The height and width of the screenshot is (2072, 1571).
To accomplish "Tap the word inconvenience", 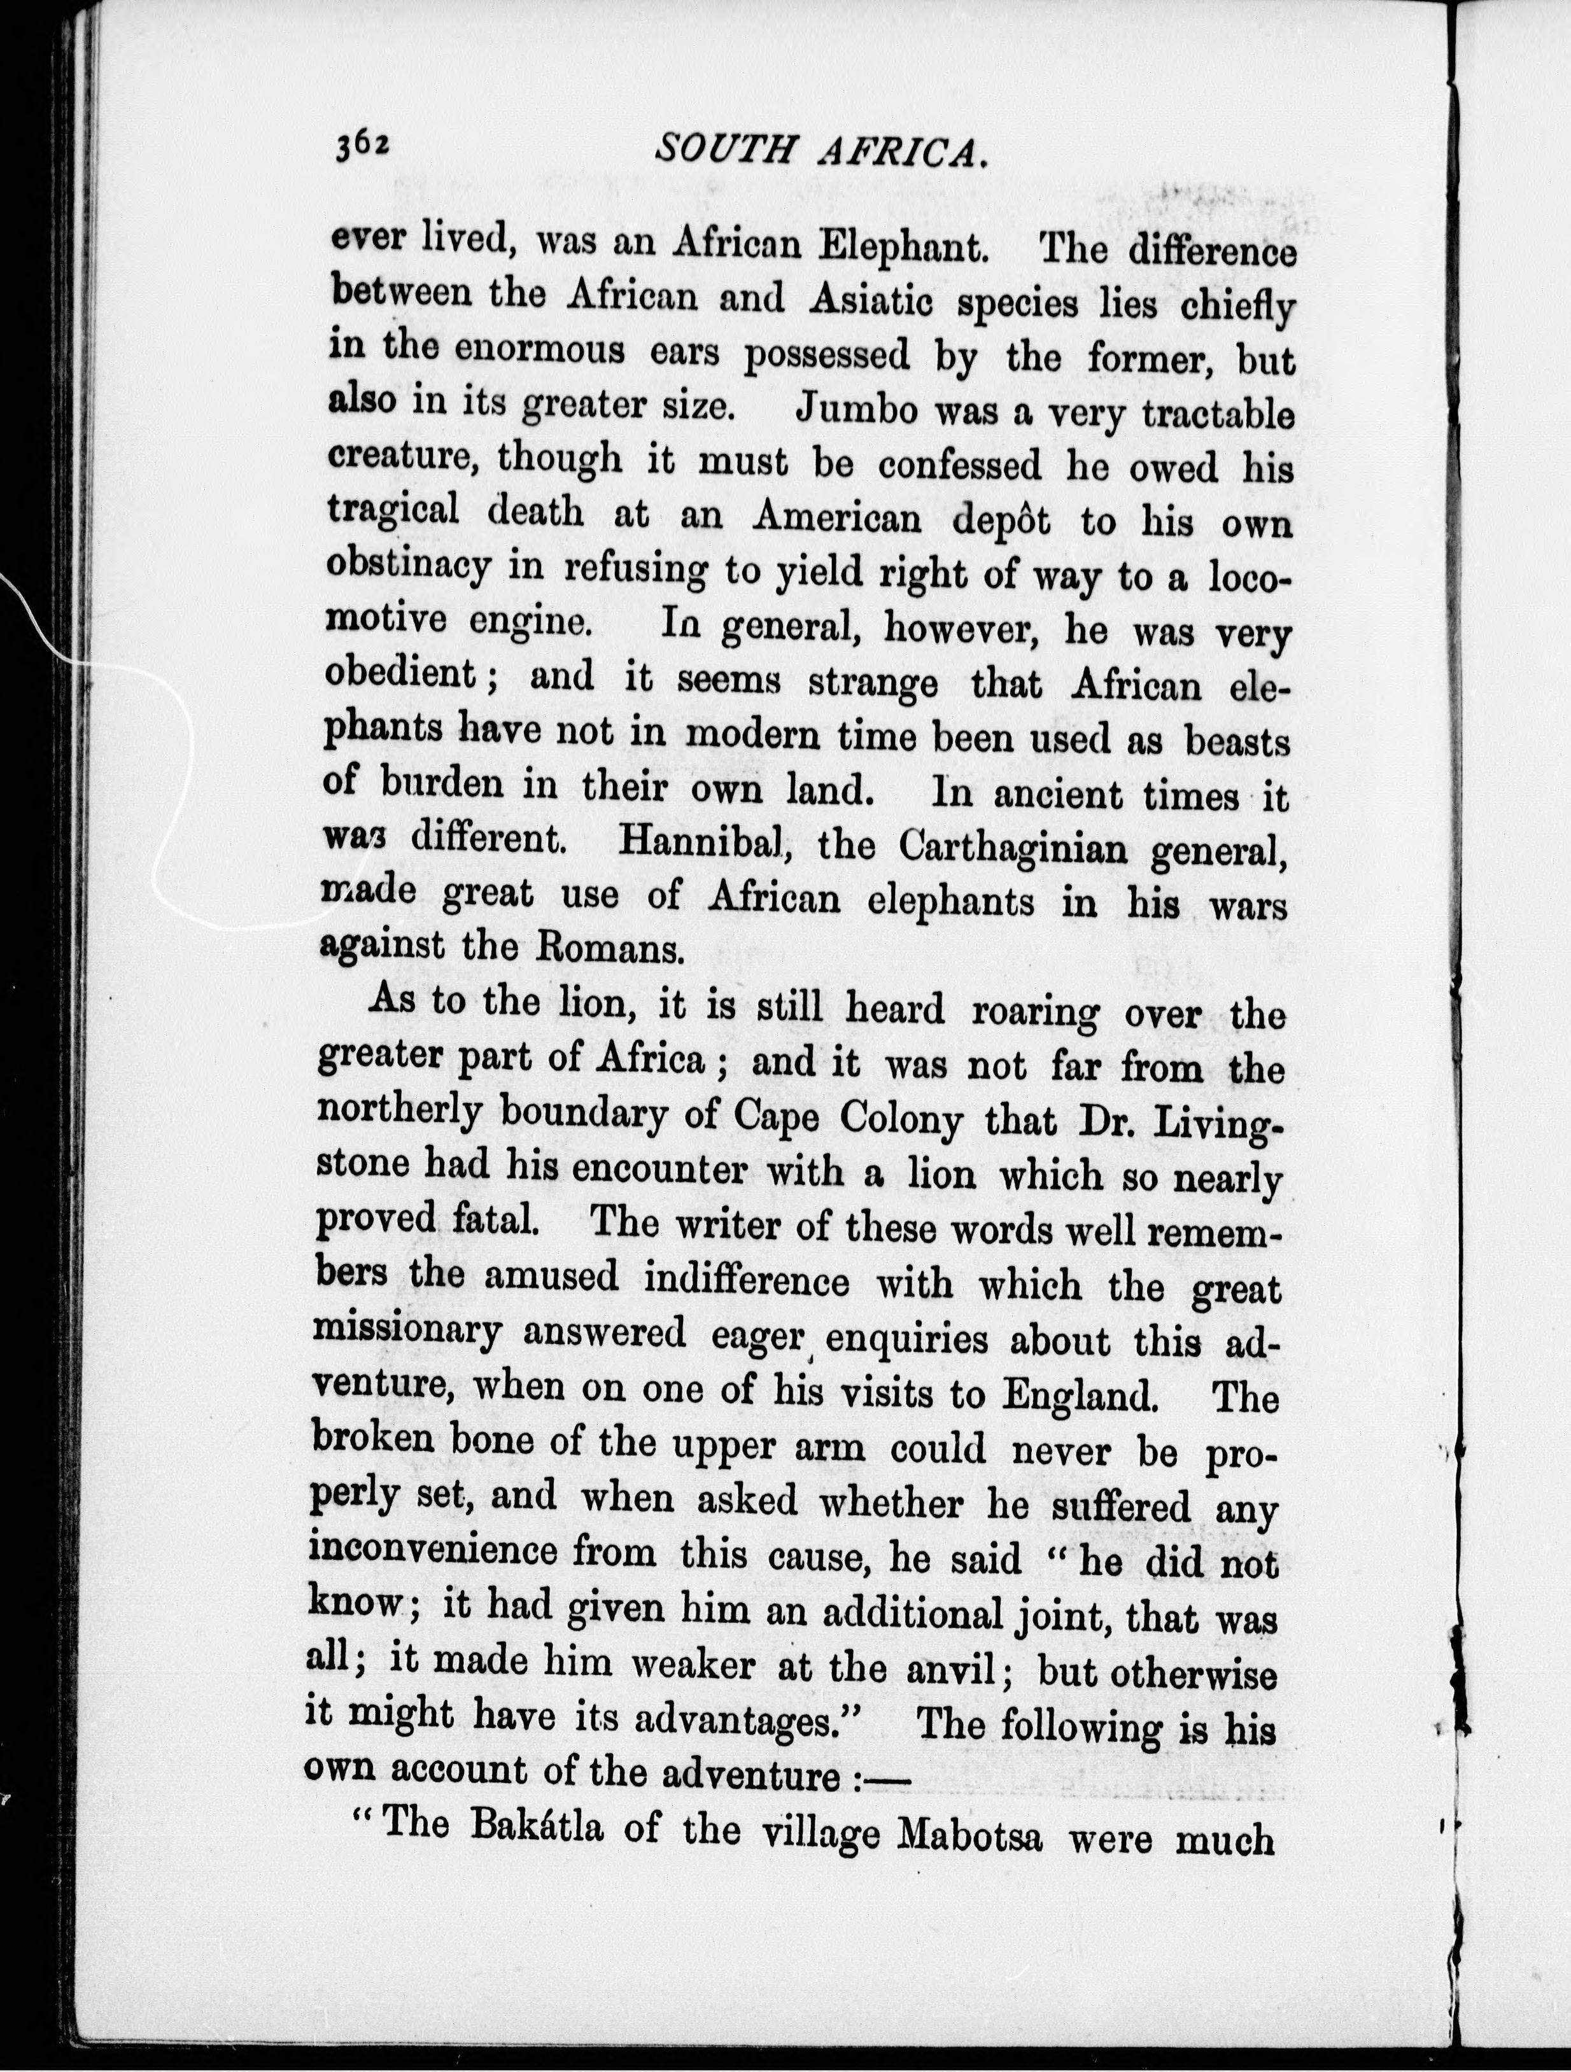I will tap(430, 1551).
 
